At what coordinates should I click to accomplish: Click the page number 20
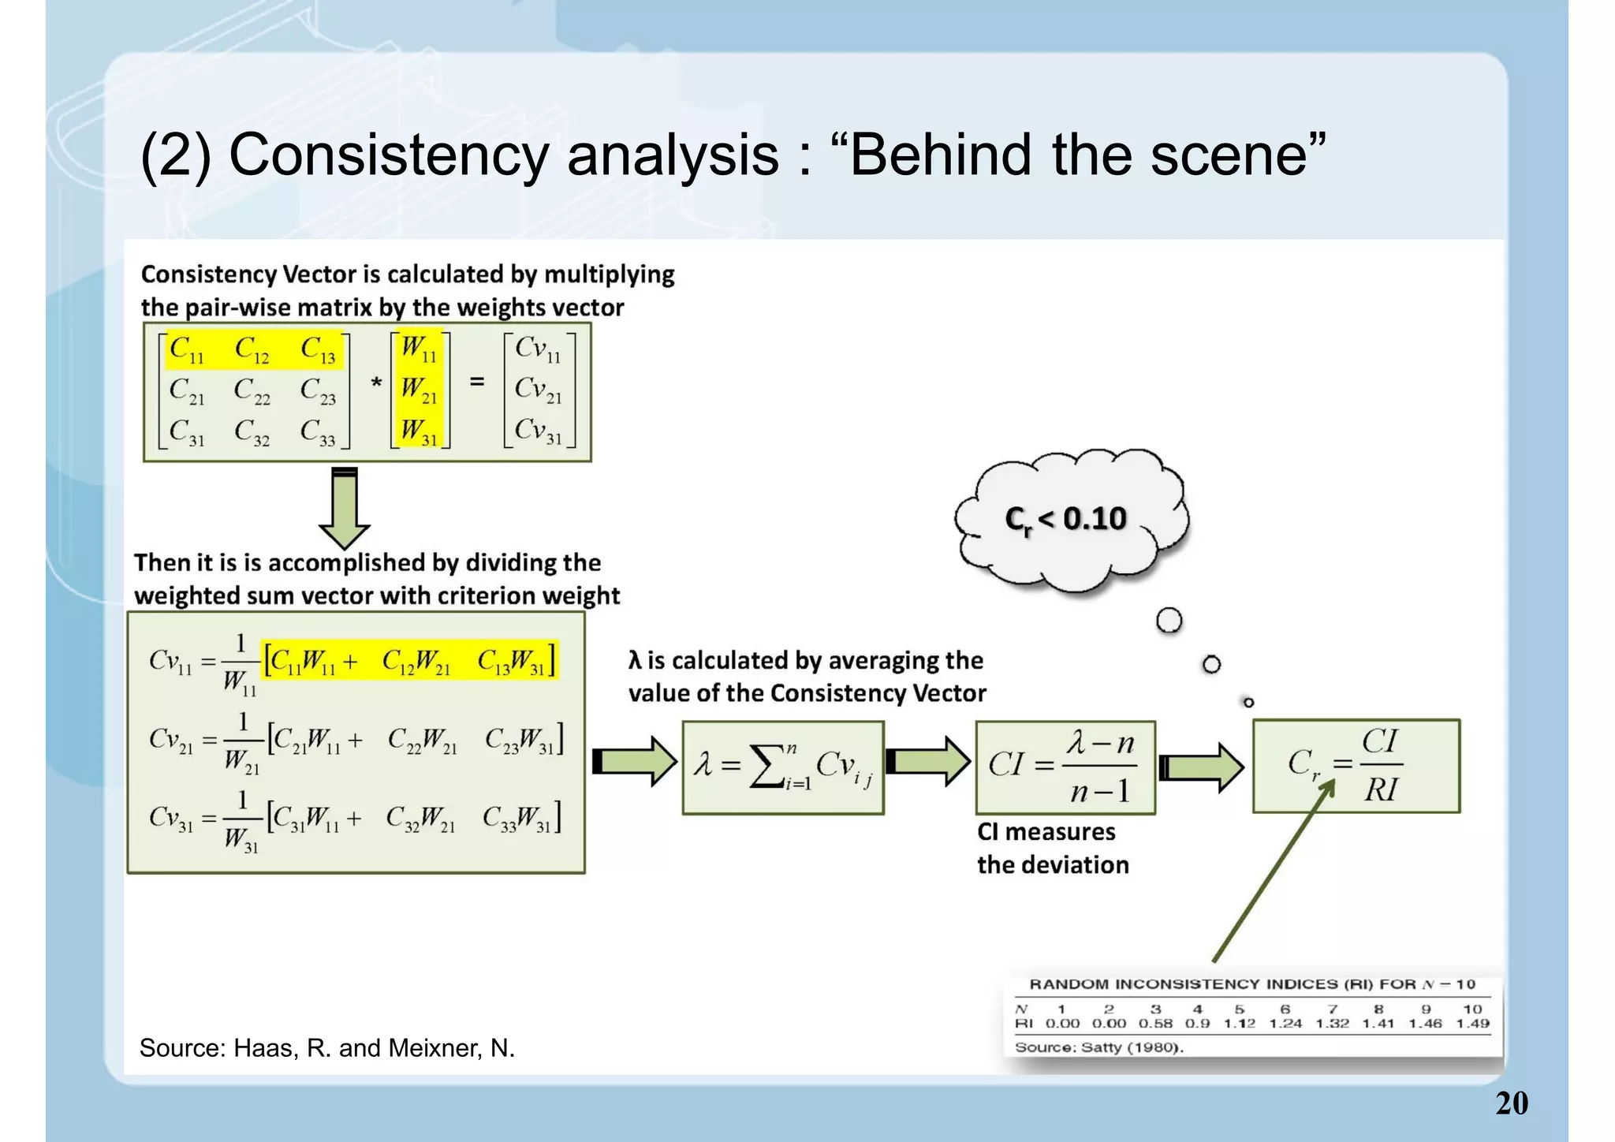1511,1103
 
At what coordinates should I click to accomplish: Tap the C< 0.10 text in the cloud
1065,520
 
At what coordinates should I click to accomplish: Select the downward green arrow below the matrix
345,509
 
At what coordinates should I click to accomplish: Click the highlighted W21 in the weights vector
419,389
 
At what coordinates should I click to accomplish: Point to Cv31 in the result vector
539,431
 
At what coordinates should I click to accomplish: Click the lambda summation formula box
782,767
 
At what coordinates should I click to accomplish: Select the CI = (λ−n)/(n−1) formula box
1065,767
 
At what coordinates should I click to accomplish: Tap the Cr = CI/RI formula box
1356,766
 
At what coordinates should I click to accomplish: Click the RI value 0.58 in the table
1155,1024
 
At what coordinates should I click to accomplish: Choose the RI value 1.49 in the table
1472,1024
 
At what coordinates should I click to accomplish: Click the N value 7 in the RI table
1332,1009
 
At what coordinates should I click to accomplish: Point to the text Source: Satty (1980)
1098,1048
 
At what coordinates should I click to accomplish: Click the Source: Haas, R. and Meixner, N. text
326,1048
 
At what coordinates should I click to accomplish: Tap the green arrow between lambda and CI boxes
928,762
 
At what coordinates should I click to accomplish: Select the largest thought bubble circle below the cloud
1169,621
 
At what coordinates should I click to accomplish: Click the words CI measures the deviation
1052,849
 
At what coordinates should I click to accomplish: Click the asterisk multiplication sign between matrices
376,384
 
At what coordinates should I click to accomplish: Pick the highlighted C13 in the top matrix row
319,349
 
